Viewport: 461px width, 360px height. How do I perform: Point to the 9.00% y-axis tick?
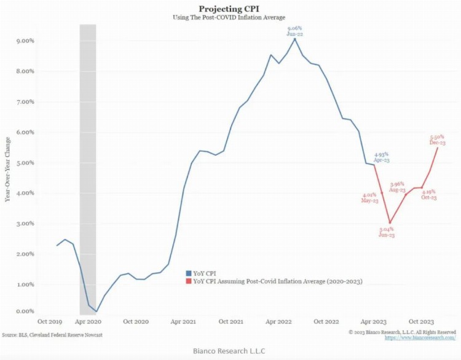(x=24, y=41)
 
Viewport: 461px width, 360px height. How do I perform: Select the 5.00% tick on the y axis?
(x=24, y=163)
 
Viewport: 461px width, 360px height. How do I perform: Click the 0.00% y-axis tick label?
(x=24, y=311)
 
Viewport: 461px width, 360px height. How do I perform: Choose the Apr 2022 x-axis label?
(x=277, y=322)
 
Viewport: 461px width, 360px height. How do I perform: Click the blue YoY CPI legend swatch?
(x=188, y=272)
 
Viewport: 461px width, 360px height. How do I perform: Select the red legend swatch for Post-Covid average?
(x=188, y=281)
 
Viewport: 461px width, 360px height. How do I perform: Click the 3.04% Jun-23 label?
(x=387, y=232)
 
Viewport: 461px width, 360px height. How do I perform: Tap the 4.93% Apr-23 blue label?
(x=382, y=157)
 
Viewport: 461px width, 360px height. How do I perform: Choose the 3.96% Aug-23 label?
(x=398, y=187)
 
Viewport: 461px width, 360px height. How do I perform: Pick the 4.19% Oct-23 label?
(x=429, y=195)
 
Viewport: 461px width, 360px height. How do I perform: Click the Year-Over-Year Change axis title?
(x=7, y=170)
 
